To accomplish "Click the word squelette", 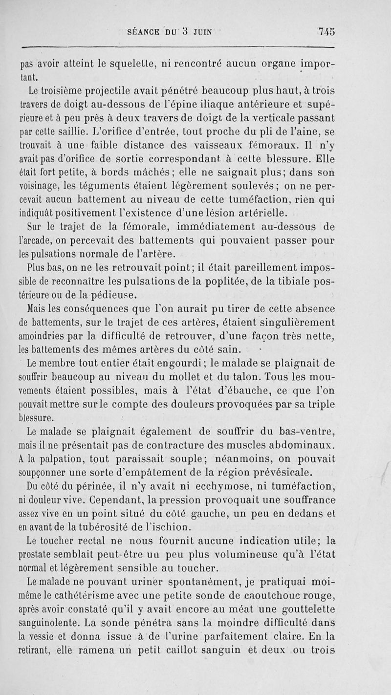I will tap(147, 63).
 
